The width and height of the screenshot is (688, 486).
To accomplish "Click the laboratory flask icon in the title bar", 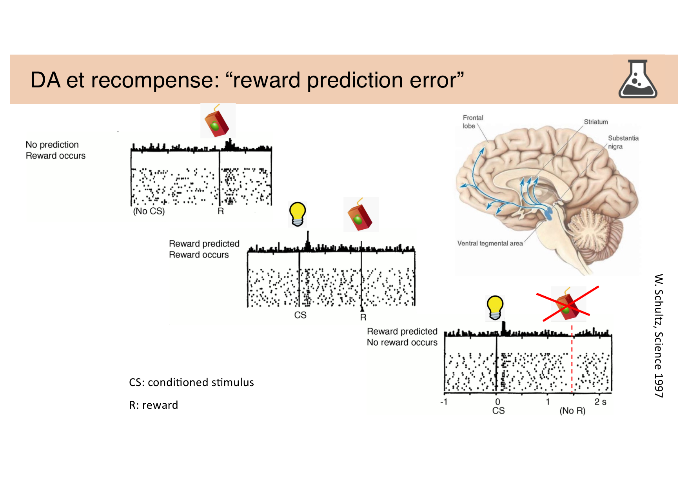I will pyautogui.click(x=637, y=79).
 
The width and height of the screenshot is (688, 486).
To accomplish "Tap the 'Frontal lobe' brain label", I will pyautogui.click(x=472, y=121).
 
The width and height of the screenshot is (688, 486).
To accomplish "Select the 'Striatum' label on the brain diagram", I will pyautogui.click(x=595, y=122).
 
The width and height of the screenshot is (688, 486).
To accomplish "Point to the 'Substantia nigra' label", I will pyautogui.click(x=623, y=142).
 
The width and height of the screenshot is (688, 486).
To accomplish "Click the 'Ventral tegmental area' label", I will pyautogui.click(x=490, y=243).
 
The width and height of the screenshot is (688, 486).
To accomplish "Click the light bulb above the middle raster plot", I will pyautogui.click(x=298, y=214).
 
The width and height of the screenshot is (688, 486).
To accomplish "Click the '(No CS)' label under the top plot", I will pyautogui.click(x=149, y=211).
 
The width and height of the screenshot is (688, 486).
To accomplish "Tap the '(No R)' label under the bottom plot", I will pyautogui.click(x=572, y=411).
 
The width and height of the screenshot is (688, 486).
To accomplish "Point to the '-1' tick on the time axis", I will pyautogui.click(x=444, y=402).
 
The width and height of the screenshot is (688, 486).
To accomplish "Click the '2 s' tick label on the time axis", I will pyautogui.click(x=600, y=402).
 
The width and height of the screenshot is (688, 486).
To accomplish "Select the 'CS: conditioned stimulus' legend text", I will pyautogui.click(x=191, y=382).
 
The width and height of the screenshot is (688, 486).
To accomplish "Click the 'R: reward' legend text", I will pyautogui.click(x=153, y=405).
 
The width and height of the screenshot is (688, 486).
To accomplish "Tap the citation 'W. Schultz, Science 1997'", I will pyautogui.click(x=659, y=335).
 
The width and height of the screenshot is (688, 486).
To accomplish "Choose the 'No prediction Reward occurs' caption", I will pyautogui.click(x=55, y=150).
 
